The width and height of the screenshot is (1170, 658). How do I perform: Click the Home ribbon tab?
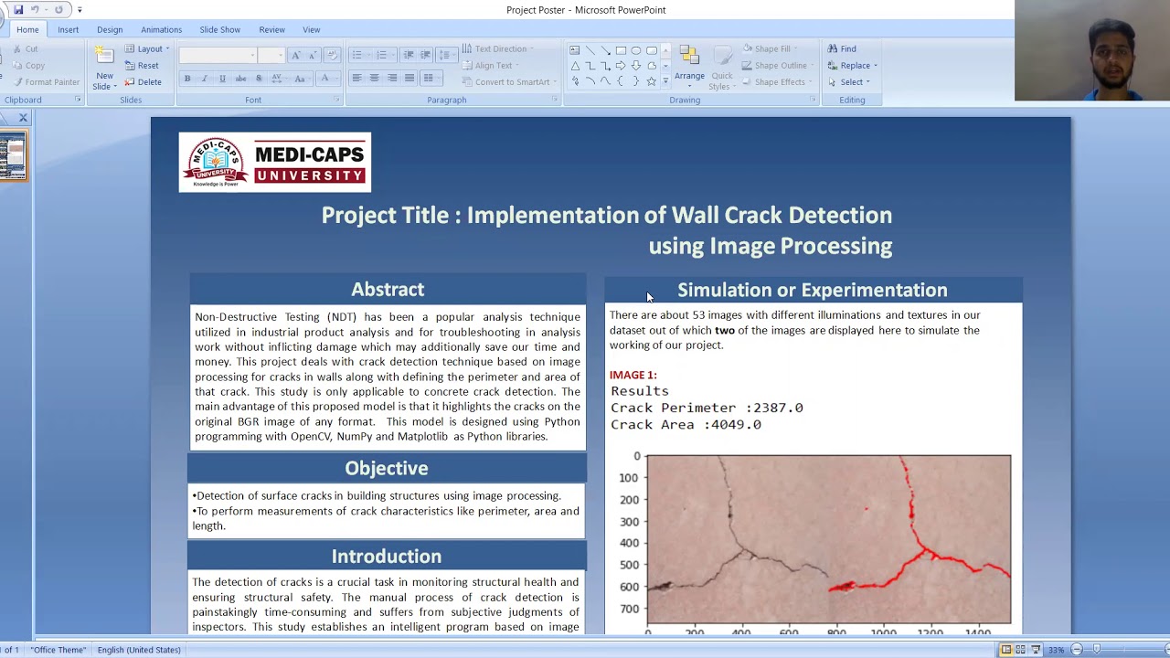click(27, 29)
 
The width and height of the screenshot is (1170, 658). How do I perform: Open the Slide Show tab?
click(219, 29)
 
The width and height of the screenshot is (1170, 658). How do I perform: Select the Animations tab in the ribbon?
click(161, 29)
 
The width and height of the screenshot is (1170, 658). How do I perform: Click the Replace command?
click(852, 65)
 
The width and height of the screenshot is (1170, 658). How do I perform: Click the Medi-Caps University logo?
click(274, 162)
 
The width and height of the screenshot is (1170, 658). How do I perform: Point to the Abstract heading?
click(388, 289)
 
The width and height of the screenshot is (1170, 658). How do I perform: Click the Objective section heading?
click(386, 468)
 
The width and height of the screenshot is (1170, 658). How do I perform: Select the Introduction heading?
click(386, 556)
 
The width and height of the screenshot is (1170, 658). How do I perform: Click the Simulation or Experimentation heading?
click(812, 290)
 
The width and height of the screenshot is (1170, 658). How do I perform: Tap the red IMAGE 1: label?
click(633, 375)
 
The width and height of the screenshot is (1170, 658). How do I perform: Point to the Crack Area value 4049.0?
click(735, 424)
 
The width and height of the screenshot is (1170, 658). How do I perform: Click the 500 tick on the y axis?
click(628, 565)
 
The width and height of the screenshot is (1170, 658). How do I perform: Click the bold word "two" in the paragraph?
click(724, 330)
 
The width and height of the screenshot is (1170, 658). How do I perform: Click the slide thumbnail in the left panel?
click(13, 156)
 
